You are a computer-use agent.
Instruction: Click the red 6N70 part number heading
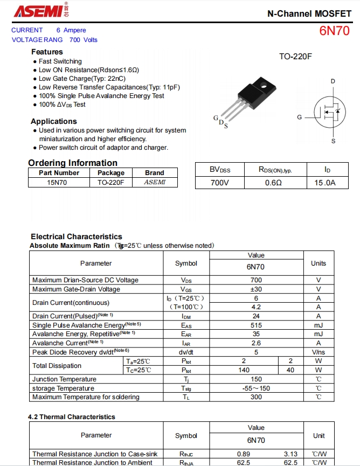(x=335, y=31)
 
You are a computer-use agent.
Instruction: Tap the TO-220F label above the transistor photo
(x=295, y=57)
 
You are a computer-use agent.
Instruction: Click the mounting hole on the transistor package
(x=264, y=86)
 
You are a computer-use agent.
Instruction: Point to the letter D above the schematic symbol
(x=333, y=81)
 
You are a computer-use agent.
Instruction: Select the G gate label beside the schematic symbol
(x=299, y=117)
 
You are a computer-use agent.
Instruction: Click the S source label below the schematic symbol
(x=333, y=141)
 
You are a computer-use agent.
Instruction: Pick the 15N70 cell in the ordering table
(x=57, y=183)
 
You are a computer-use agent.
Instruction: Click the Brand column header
(x=155, y=173)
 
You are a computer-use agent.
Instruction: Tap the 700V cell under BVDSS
(x=220, y=183)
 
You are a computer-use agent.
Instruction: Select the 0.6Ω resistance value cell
(x=273, y=183)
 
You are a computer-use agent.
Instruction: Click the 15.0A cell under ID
(x=325, y=183)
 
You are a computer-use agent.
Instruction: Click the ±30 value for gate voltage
(x=256, y=289)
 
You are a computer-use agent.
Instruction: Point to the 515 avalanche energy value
(x=256, y=325)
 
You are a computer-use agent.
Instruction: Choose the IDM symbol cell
(x=186, y=316)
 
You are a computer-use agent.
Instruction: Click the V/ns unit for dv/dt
(x=319, y=352)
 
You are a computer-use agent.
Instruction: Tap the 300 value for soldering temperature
(x=256, y=397)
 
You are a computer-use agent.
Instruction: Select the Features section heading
(x=47, y=52)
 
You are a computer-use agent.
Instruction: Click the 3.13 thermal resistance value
(x=290, y=454)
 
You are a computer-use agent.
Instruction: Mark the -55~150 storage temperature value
(x=256, y=388)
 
